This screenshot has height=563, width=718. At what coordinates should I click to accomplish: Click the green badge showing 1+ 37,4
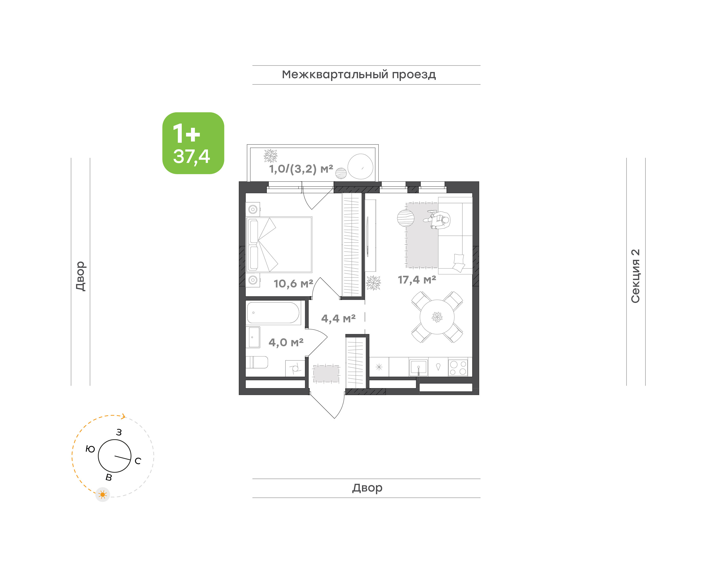(193, 143)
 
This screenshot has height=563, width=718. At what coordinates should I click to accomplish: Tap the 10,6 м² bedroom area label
(293, 283)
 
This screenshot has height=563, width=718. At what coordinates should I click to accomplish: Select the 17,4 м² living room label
(417, 280)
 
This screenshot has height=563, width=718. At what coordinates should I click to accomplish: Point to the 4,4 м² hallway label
(338, 318)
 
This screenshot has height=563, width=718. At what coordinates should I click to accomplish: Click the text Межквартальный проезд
(359, 74)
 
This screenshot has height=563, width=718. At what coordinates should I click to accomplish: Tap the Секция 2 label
(635, 276)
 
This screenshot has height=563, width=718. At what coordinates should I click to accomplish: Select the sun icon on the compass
(102, 494)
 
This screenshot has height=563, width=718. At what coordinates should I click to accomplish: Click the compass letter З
(119, 432)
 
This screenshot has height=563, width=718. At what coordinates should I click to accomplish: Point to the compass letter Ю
(90, 449)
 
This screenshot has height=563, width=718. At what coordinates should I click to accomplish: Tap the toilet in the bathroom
(257, 362)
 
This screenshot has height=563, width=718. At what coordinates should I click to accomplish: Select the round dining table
(437, 317)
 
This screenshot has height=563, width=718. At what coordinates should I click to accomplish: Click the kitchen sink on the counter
(419, 367)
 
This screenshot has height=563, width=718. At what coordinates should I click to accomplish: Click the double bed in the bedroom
(279, 245)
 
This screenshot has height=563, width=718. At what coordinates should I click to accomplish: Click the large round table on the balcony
(360, 166)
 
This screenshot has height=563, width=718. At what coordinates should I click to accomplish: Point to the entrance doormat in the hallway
(326, 373)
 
